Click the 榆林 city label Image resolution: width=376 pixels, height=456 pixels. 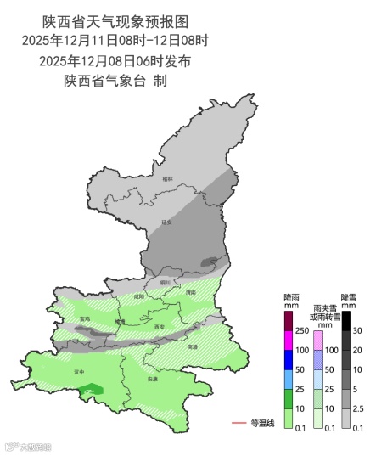(167, 178)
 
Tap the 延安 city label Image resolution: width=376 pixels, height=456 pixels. (166, 222)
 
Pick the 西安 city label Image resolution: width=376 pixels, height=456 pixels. (160, 326)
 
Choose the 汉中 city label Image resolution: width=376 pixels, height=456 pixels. (78, 372)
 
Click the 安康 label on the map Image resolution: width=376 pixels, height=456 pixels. (152, 378)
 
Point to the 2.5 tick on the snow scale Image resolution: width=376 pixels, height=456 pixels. (358, 409)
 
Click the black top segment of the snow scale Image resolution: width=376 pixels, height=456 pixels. (346, 320)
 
